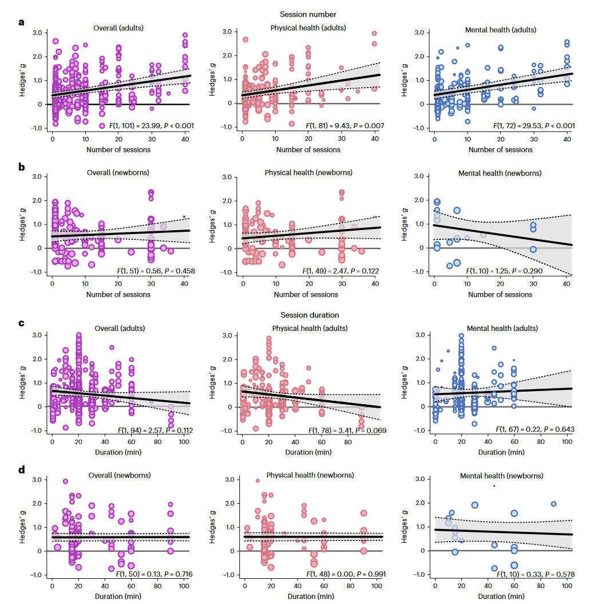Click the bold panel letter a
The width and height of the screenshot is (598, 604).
[x=21, y=23]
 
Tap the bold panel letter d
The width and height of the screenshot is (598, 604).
[x=21, y=471]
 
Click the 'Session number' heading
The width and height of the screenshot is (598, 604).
[x=308, y=14]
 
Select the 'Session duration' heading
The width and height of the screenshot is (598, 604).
[x=310, y=315]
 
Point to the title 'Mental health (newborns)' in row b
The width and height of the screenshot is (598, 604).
[x=500, y=173]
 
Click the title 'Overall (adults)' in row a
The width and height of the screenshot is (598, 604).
[x=118, y=27]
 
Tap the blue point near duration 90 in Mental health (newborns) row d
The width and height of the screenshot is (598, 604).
[x=553, y=504]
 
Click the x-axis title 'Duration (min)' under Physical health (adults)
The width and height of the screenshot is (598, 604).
[x=308, y=452]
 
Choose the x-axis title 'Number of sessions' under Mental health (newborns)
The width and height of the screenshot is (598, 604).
[x=501, y=294]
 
